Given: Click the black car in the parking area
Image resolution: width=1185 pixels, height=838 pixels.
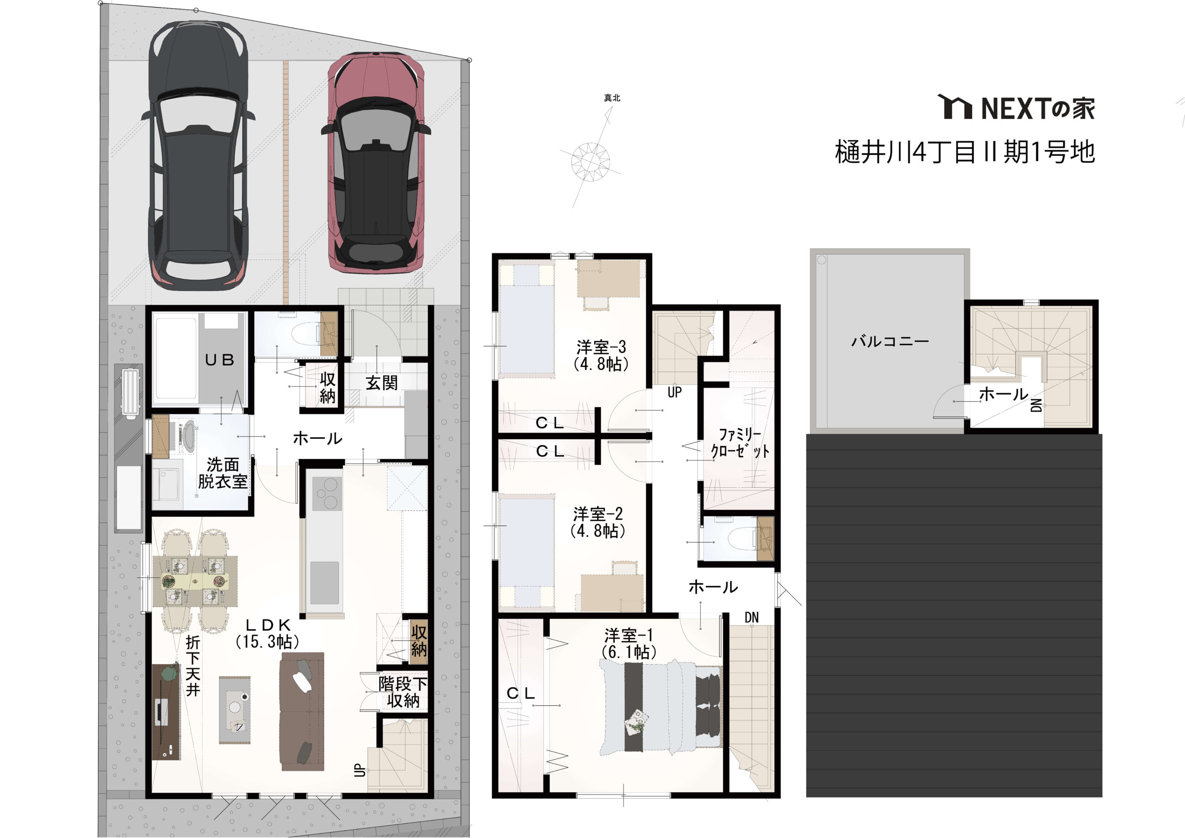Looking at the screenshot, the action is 198,155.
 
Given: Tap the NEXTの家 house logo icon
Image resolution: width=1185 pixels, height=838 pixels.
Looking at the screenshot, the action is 954,107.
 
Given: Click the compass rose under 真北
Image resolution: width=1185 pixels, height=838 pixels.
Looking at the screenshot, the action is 591,160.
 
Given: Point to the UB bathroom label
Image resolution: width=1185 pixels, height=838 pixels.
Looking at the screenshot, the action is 220,360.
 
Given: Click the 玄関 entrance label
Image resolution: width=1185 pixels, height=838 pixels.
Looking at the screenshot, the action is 381,382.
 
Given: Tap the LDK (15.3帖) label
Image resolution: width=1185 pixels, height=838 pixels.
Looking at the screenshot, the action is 268,633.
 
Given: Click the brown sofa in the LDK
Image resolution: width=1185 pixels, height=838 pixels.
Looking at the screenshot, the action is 302,712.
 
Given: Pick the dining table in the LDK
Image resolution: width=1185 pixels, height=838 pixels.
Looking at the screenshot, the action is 195,581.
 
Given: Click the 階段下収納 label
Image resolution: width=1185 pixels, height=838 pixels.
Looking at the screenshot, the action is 403,693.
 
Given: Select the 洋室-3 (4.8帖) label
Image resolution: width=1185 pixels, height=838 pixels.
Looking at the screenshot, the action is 602,355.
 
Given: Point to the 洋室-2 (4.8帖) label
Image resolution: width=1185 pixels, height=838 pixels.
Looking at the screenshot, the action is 598,522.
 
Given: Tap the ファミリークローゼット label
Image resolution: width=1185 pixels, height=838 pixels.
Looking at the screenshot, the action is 740,443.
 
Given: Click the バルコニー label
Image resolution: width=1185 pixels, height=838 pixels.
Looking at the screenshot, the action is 890,341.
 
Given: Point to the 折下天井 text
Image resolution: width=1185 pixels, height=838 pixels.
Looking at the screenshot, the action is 193,666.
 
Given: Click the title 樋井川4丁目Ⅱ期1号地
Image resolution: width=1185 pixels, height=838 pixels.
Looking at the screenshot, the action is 965,152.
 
